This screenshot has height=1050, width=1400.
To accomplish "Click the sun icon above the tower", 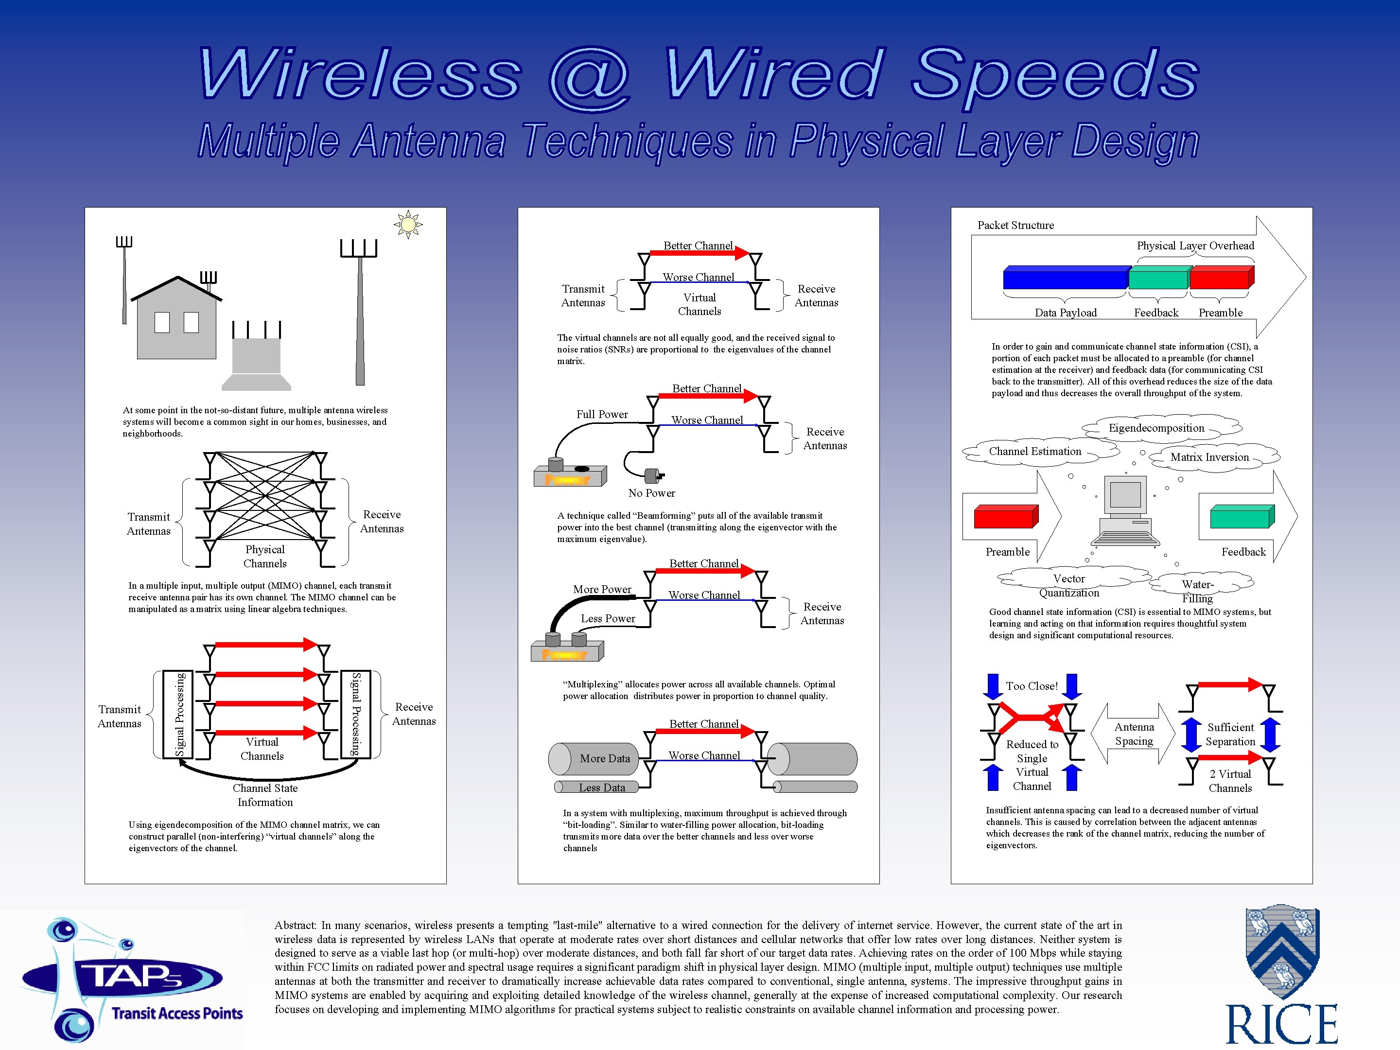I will coord(408,224).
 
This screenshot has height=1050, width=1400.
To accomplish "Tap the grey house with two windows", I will coord(176,323).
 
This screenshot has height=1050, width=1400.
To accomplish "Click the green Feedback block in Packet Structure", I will coord(1158,277).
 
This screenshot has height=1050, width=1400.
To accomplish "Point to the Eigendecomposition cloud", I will coord(1156,428).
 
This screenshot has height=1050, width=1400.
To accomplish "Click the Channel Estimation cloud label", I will coord(1035,451).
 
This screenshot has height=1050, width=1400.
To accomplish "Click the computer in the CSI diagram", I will coord(1125,511).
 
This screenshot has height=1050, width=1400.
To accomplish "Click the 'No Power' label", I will coord(651,493).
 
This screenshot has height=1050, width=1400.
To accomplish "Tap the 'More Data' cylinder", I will coord(595,759).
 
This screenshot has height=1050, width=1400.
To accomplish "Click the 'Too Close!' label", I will coord(1032,686).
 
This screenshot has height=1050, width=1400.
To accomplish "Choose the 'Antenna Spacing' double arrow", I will coord(1134,734).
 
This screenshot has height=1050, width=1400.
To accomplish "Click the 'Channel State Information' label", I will coord(265,795).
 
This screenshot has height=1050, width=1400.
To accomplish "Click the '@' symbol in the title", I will coord(590,77).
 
